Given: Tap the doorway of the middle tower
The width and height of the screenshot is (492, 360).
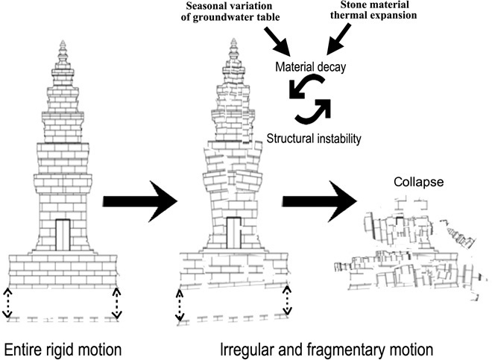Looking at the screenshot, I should click(x=233, y=231).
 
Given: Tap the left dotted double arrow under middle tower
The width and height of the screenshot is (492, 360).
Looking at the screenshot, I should click(x=179, y=306).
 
